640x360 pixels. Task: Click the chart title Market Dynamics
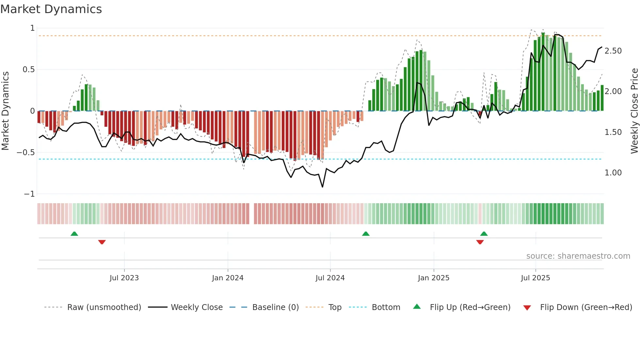click(x=51, y=9)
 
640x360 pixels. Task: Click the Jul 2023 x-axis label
click(x=124, y=278)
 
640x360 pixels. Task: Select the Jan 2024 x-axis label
click(x=228, y=278)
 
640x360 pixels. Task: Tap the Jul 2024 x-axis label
click(x=330, y=278)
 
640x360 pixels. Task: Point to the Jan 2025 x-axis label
click(x=434, y=278)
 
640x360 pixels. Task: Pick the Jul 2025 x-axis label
click(x=536, y=278)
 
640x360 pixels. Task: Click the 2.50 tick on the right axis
click(x=613, y=51)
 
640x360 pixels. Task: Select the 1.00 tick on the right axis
click(x=613, y=173)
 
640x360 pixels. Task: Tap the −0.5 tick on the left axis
click(x=26, y=153)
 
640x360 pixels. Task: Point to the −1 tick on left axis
click(x=29, y=194)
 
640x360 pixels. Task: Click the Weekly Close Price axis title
click(x=634, y=111)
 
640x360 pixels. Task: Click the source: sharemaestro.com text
click(x=578, y=256)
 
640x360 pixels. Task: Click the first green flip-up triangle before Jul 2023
click(x=74, y=234)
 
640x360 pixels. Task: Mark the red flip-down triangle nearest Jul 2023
click(x=102, y=242)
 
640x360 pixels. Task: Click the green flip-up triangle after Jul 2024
click(x=366, y=234)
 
